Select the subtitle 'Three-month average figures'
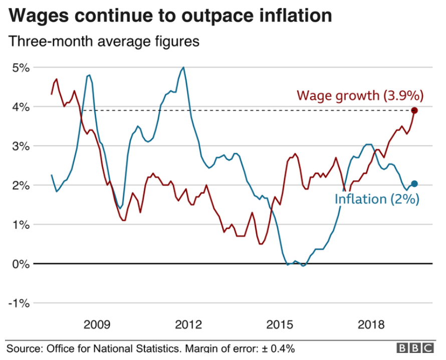tap(104, 41)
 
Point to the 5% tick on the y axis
tap(21, 68)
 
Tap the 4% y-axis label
tap(21, 107)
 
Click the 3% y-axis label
tap(21, 146)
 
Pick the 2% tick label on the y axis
tap(21, 185)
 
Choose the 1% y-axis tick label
tap(21, 224)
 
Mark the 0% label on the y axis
tap(21, 264)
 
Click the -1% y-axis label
tap(19, 303)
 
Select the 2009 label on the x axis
tap(97, 324)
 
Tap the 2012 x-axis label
tap(188, 324)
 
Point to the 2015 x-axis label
tap(280, 324)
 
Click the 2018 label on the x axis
tap(371, 324)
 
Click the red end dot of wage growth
tap(414, 110)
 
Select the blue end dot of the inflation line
tap(414, 184)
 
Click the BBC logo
tap(415, 348)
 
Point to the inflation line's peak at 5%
tap(183, 68)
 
